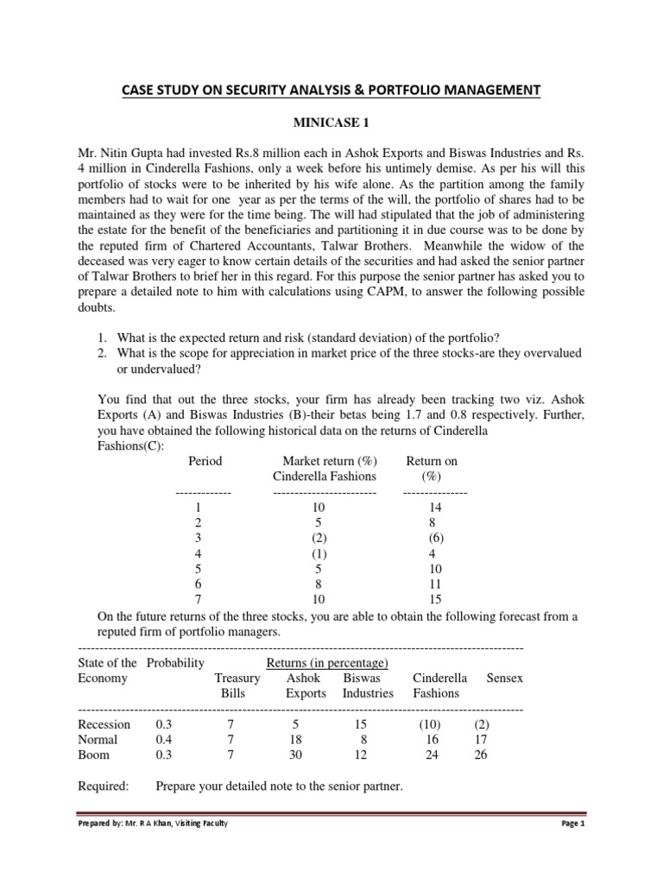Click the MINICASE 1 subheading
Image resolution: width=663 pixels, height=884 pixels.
(x=331, y=123)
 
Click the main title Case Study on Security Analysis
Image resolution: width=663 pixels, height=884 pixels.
(x=331, y=90)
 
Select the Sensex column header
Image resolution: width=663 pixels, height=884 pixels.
(x=505, y=679)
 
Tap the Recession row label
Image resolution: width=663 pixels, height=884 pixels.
(x=104, y=724)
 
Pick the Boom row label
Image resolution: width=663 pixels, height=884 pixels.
(x=93, y=755)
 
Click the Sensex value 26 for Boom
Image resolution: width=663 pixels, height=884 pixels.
(x=487, y=755)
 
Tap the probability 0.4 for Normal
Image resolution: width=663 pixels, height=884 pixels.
(x=163, y=740)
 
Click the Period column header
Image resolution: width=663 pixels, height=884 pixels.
(x=205, y=461)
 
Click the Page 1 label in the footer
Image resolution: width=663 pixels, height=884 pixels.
(x=572, y=824)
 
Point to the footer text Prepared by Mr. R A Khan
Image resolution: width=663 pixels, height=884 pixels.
(x=154, y=824)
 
